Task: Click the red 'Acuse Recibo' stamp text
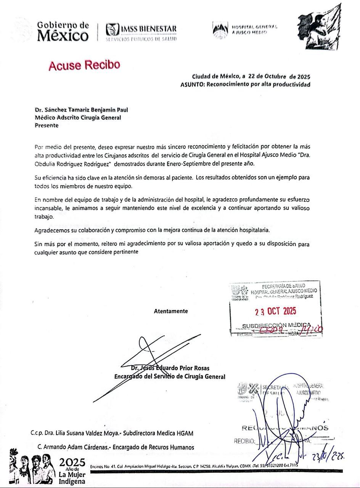84,65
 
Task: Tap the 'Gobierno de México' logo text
63,31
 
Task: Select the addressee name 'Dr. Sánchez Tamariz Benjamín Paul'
81,110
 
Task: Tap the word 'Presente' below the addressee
47,125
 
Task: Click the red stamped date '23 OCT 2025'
275,311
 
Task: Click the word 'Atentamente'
171,311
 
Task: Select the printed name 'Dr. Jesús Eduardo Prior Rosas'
170,368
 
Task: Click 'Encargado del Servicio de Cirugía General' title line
170,377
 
